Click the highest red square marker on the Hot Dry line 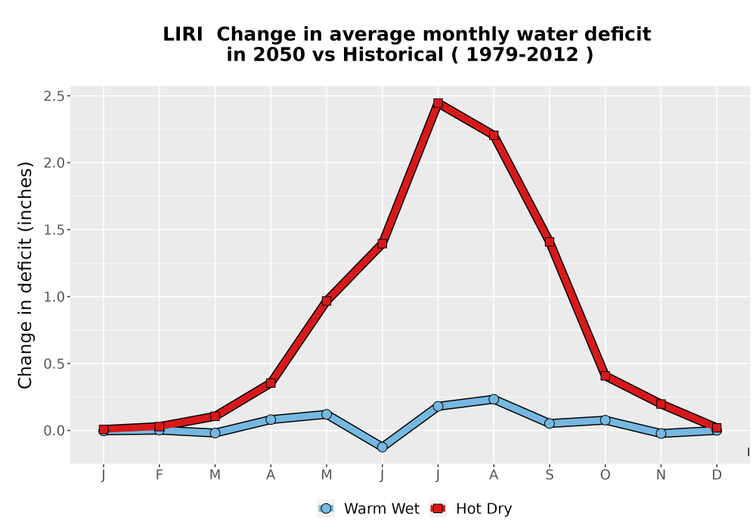tap(438, 103)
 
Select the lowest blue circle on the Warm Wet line tap(383, 447)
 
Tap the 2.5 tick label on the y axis tap(54, 97)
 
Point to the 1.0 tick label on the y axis tap(54, 297)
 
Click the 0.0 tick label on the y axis tap(54, 431)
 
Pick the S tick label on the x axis tap(549, 475)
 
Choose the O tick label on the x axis tap(605, 475)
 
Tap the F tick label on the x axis tap(159, 475)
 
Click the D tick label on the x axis tap(717, 475)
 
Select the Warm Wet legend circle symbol tap(326, 509)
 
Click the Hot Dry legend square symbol tap(438, 509)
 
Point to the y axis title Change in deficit tap(25, 275)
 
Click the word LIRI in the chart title tap(183, 34)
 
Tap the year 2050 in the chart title tap(279, 54)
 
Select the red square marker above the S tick tap(549, 242)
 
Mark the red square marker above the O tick tap(605, 376)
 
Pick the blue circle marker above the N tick tap(661, 434)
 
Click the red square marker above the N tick tap(661, 404)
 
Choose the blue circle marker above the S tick tap(549, 423)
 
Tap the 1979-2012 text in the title tap(522, 54)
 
